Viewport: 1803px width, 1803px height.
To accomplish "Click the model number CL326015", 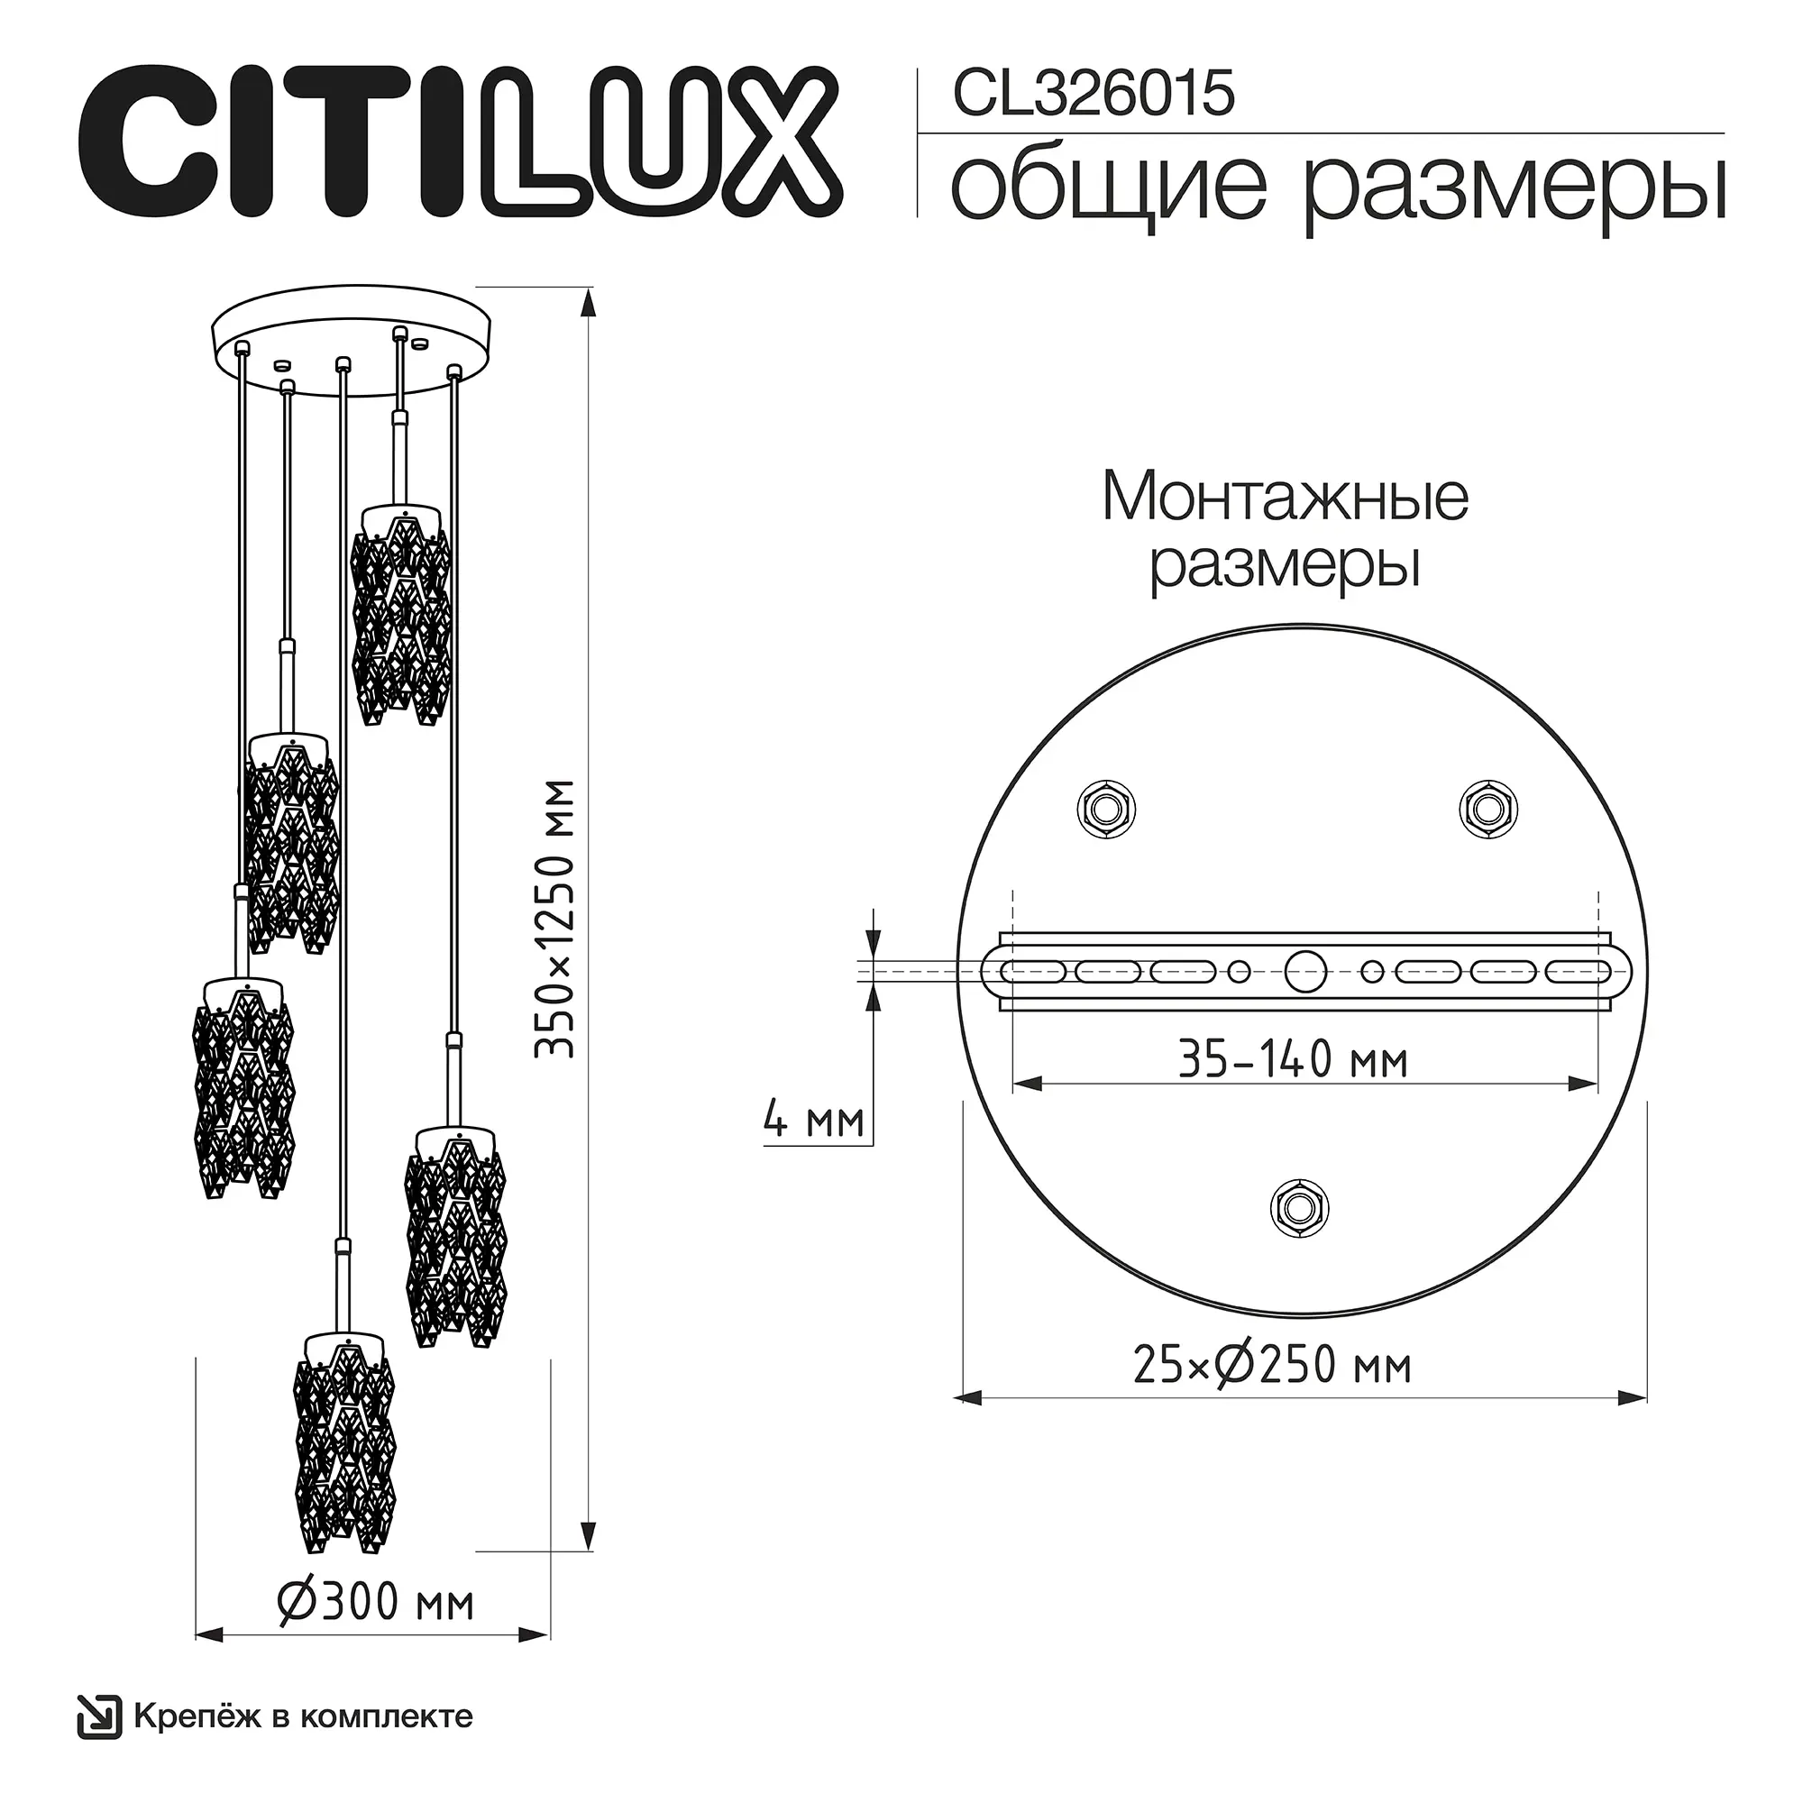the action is tap(1094, 96).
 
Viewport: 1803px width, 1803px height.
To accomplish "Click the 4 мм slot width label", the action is tap(814, 1119).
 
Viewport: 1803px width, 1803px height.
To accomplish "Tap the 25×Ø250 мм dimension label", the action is tap(1272, 1364).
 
